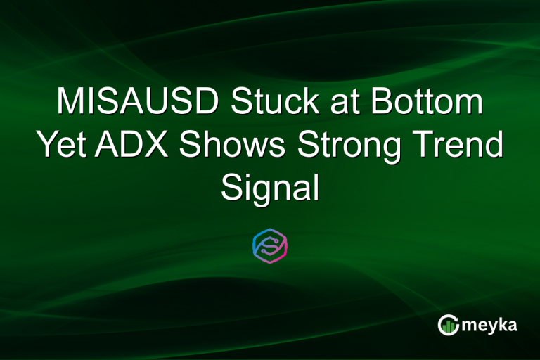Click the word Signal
(270, 187)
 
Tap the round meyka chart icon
(448, 324)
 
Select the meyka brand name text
(490, 325)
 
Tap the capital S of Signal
(232, 187)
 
